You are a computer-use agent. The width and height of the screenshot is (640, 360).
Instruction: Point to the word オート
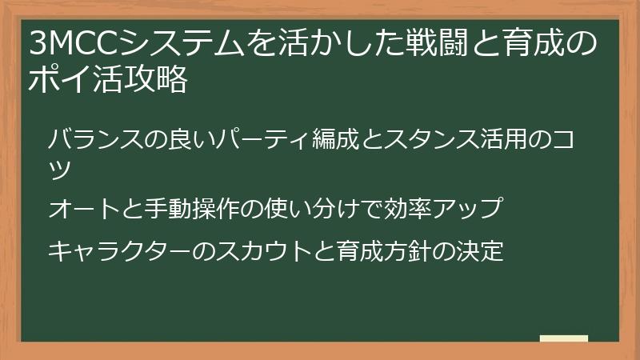pyautogui.click(x=81, y=209)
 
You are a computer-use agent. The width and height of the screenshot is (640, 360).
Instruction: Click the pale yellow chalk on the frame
pyautogui.click(x=563, y=338)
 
